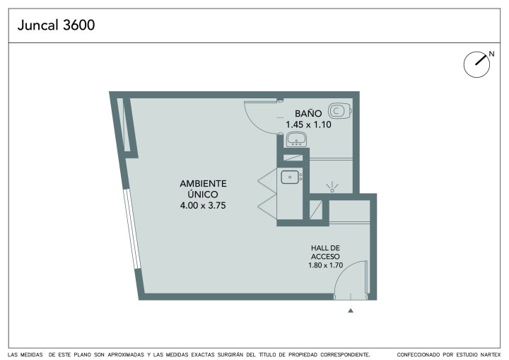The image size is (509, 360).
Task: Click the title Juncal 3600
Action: (x=56, y=25)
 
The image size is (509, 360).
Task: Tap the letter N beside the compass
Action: (x=491, y=54)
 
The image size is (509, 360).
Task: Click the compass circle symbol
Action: (x=476, y=64)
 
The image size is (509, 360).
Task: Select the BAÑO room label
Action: (x=308, y=113)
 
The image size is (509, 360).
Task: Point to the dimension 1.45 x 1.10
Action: (x=308, y=124)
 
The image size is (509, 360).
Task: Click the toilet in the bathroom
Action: (x=339, y=111)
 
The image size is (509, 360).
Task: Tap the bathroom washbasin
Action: (x=296, y=139)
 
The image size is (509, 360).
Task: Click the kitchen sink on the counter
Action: (x=290, y=178)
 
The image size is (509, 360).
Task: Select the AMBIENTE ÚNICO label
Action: (x=203, y=189)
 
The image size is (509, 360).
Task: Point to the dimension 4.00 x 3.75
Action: (x=203, y=205)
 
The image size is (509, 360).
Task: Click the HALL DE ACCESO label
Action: (x=325, y=252)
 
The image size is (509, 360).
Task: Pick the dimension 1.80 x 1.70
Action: (x=326, y=265)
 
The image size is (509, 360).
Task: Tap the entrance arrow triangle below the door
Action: (x=351, y=310)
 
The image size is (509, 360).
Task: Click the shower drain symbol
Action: (x=332, y=187)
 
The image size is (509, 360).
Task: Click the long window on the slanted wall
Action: (x=132, y=228)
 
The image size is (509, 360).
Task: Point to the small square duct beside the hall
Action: (x=315, y=210)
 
